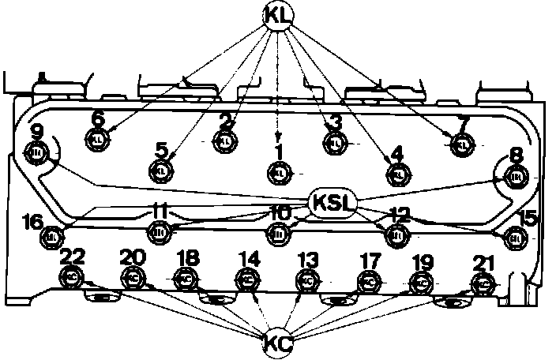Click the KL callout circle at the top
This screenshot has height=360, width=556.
pyautogui.click(x=277, y=15)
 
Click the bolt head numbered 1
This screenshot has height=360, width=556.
pyautogui.click(x=280, y=172)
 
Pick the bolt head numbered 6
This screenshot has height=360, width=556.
pyautogui.click(x=96, y=137)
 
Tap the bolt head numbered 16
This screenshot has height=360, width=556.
pyautogui.click(x=53, y=236)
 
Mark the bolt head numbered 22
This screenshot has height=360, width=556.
pyautogui.click(x=70, y=277)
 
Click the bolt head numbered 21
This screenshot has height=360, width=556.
pyautogui.click(x=481, y=282)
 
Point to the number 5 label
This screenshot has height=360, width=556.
pyautogui.click(x=161, y=149)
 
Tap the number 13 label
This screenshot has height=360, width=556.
pyautogui.click(x=308, y=260)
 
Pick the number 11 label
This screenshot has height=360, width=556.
pyautogui.click(x=160, y=212)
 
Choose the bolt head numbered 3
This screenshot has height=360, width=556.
pyautogui.click(x=335, y=143)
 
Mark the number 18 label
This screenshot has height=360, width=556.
pyautogui.click(x=188, y=258)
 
